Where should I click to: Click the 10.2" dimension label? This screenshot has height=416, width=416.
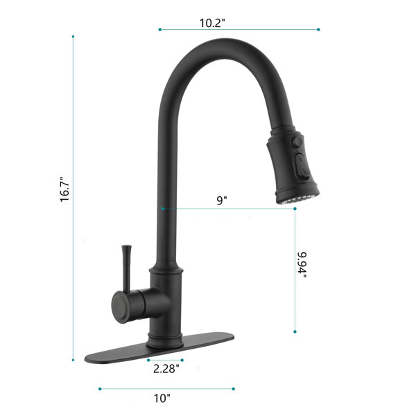pyautogui.click(x=212, y=23)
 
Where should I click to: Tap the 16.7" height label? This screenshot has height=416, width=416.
pyautogui.click(x=64, y=189)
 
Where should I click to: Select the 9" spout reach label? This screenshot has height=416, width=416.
pyautogui.click(x=222, y=200)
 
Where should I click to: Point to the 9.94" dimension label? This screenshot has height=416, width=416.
pyautogui.click(x=302, y=265)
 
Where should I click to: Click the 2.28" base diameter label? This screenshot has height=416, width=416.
pyautogui.click(x=166, y=369)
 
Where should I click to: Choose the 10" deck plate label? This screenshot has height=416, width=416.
pyautogui.click(x=162, y=398)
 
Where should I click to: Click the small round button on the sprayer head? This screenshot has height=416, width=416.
pyautogui.click(x=297, y=141)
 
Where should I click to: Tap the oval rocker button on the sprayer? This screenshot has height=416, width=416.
pyautogui.click(x=302, y=166)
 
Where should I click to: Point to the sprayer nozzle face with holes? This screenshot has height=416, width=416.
pyautogui.click(x=298, y=199)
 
